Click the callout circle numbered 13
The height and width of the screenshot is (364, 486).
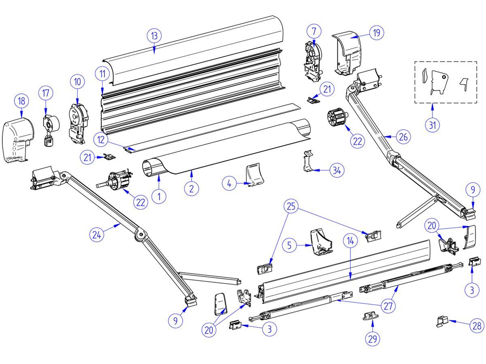coord(154,36)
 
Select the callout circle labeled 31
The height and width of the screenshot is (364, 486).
coord(433,125)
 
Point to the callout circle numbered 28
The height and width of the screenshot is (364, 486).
coord(477,325)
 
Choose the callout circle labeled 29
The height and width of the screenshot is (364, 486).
coord(372,339)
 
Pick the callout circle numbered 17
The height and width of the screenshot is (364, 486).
coord(46,93)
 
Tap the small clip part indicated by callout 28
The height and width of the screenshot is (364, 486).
coord(441,322)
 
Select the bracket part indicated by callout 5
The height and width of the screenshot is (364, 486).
coord(321,243)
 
